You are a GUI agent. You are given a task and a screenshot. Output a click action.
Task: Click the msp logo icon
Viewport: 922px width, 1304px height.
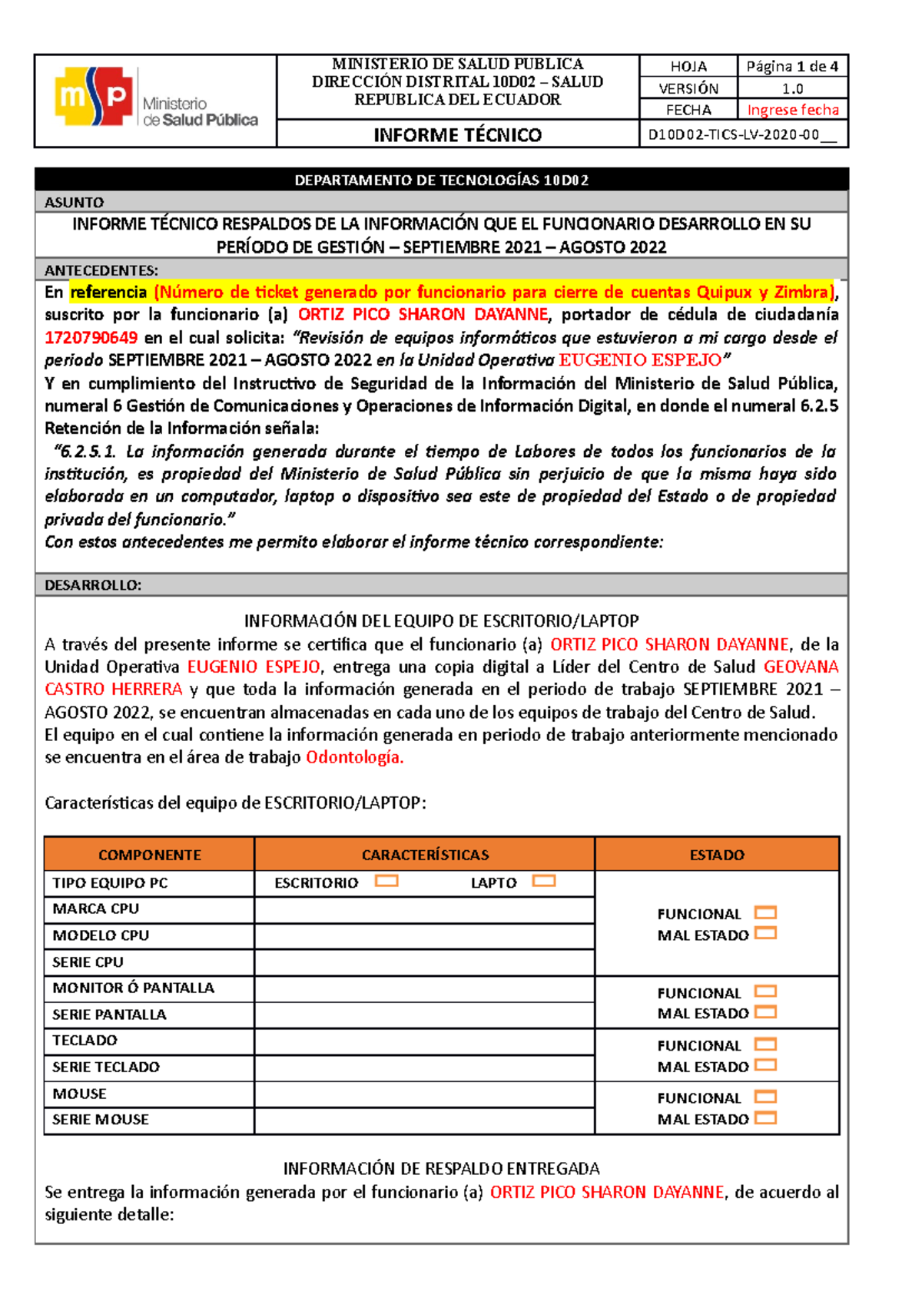point(95,96)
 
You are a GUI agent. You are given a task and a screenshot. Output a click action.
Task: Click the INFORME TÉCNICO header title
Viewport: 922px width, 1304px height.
point(457,135)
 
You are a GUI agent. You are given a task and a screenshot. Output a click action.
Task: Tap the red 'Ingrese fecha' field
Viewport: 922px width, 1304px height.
point(792,110)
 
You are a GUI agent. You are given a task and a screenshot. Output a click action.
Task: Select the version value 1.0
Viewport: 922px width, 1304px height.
point(792,88)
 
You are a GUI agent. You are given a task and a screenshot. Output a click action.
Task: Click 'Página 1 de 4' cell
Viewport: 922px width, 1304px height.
point(792,67)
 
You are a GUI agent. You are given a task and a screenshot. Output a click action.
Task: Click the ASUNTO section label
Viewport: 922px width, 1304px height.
point(74,202)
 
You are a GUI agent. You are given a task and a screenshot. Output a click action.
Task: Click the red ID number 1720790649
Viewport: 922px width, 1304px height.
point(91,337)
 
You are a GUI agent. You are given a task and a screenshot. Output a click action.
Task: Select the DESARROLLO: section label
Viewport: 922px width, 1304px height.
point(93,585)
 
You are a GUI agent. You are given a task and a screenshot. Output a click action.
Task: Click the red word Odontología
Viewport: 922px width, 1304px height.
point(354,757)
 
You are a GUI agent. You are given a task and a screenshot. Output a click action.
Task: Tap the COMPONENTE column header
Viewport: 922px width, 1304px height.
point(149,855)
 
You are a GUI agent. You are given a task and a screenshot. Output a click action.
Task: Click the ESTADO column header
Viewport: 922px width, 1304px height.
point(716,855)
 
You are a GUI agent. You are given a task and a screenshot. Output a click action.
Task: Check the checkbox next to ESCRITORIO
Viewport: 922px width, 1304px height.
point(386,881)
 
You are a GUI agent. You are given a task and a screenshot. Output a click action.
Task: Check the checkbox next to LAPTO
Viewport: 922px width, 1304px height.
point(543,881)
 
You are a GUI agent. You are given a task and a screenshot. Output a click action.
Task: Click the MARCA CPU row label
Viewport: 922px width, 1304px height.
point(96,909)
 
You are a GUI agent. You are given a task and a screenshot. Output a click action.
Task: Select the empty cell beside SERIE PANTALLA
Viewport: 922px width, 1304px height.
point(424,1014)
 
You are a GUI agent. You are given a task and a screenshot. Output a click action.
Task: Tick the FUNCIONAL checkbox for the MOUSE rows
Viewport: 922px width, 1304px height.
point(765,1097)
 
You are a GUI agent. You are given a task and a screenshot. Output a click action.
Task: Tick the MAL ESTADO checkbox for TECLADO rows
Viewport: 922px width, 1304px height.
point(765,1065)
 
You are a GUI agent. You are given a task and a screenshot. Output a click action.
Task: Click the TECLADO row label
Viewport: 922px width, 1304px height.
point(85,1041)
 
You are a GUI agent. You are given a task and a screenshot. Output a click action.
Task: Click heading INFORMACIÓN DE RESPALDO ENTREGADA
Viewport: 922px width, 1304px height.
point(441,1169)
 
